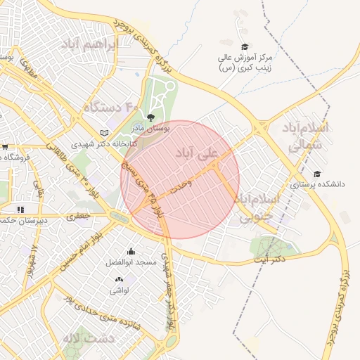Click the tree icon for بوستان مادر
(x=150, y=117)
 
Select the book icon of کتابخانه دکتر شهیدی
(x=105, y=132)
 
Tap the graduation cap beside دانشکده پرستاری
(x=316, y=174)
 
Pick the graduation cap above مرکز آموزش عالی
(x=245, y=46)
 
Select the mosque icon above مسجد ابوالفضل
(x=130, y=251)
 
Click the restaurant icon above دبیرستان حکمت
(x=20, y=209)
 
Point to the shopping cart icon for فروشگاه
(x=5, y=146)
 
